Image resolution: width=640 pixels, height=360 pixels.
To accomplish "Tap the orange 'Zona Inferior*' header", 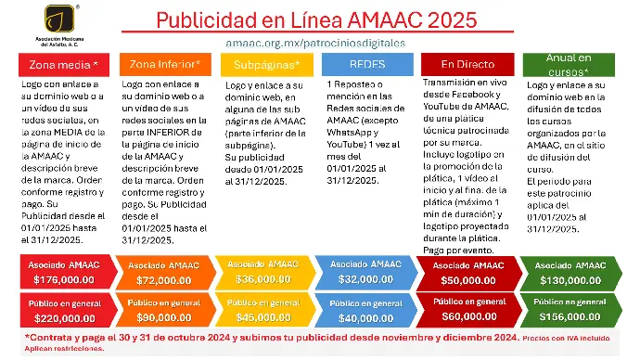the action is tap(165, 64).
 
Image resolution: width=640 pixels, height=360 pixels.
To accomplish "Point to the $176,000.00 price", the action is tap(64, 279).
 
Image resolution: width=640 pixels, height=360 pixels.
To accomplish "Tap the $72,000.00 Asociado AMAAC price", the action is tap(164, 279).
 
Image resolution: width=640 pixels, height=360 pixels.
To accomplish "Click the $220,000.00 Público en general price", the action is tap(64, 317).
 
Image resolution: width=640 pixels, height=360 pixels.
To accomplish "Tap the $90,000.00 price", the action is tap(164, 317).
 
